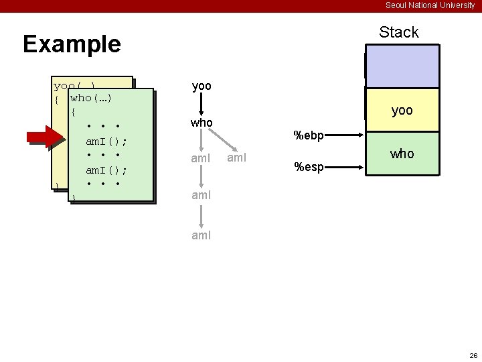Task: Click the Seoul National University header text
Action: click(430, 5)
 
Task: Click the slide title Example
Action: click(72, 44)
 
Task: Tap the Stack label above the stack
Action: click(398, 32)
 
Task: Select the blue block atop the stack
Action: click(402, 66)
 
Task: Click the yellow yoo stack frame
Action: click(402, 111)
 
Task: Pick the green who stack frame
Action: click(402, 154)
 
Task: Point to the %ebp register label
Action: click(309, 136)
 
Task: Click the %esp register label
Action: click(309, 167)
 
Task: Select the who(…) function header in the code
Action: click(90, 99)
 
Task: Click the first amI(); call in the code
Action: click(106, 141)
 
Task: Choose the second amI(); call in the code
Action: click(106, 170)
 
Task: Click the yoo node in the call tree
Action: click(202, 86)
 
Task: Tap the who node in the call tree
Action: click(202, 123)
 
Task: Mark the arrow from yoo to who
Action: click(202, 105)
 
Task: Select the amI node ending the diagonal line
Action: click(237, 158)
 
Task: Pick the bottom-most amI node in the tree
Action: click(202, 235)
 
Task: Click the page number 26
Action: click(473, 355)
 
